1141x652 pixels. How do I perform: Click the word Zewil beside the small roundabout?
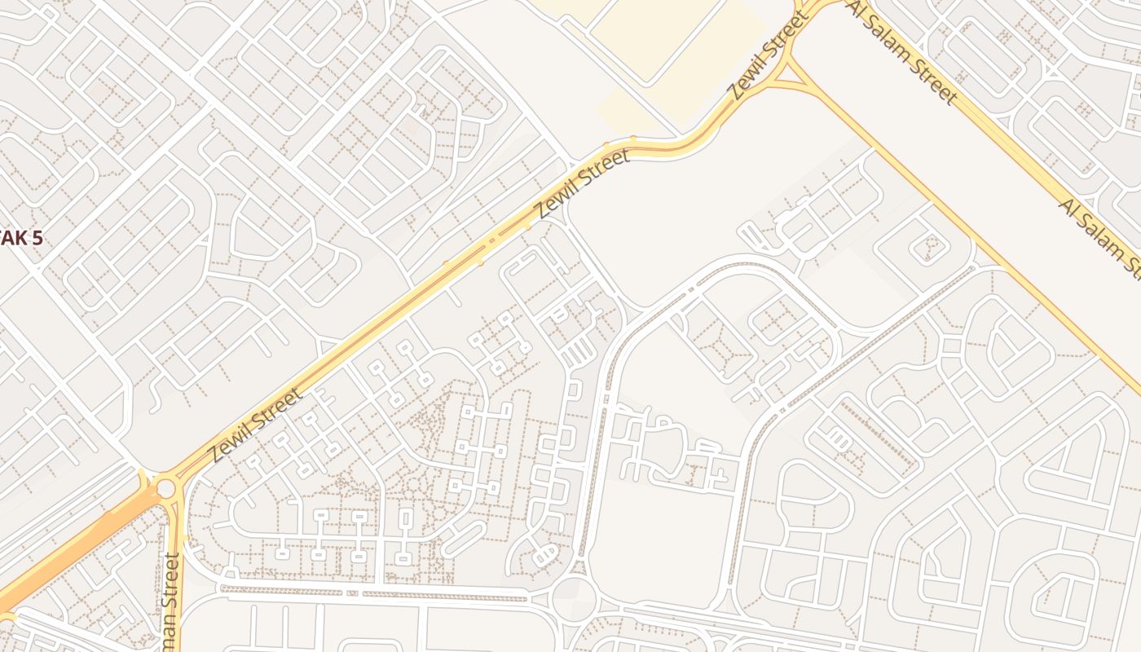pos(231,441)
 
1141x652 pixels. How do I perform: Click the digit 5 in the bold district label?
pos(36,240)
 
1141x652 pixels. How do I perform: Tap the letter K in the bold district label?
pos(18,240)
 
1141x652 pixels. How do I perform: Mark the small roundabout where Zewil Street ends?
pos(165,488)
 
